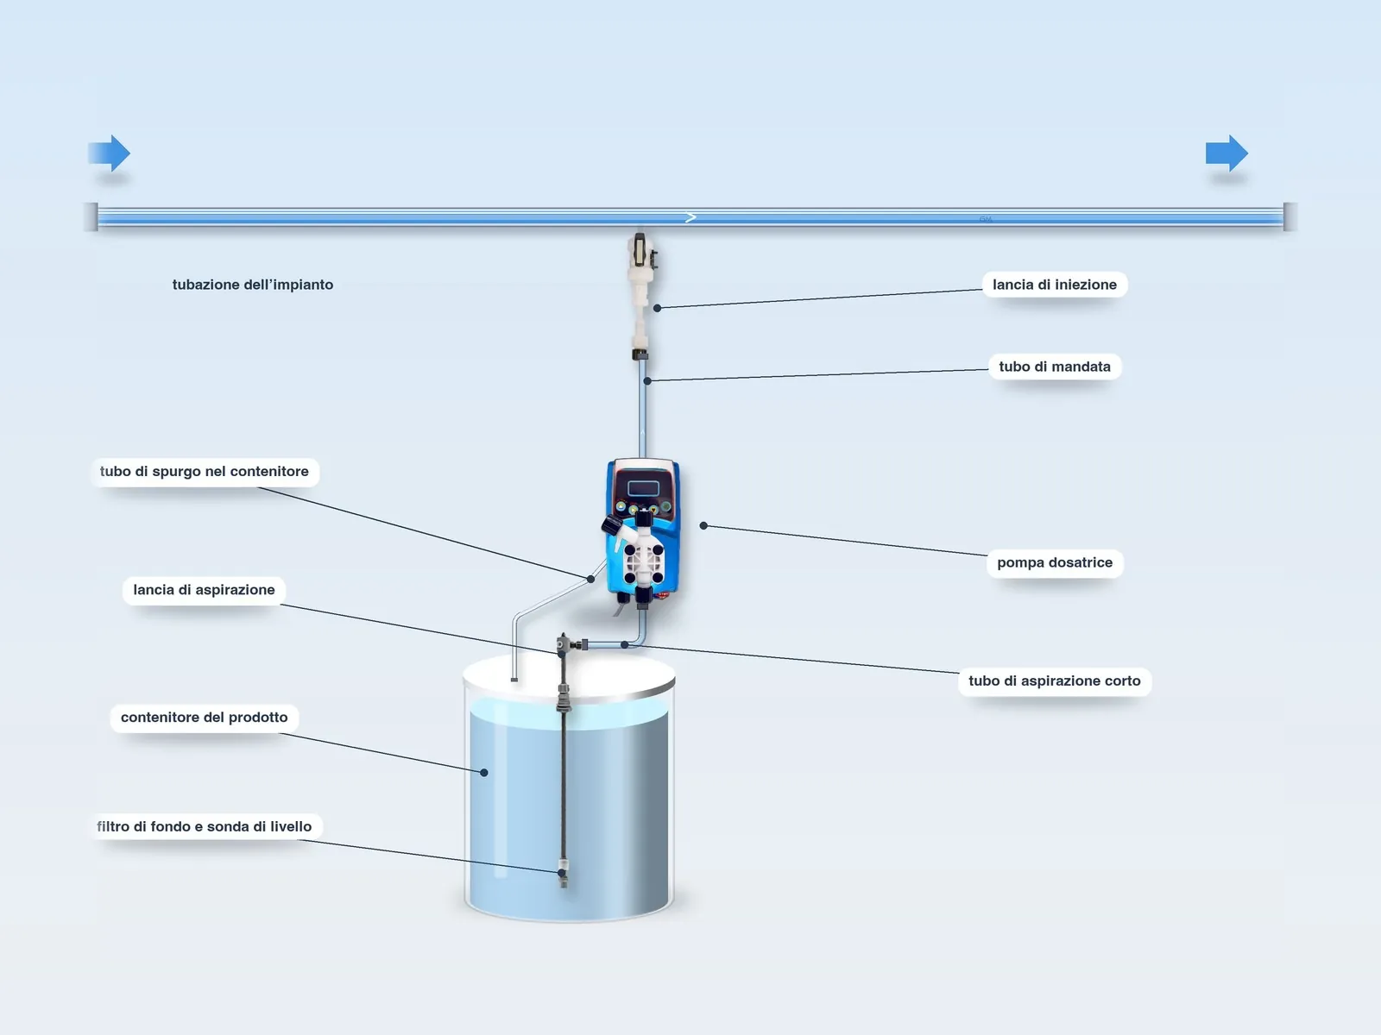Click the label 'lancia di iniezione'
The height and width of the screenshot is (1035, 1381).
(1055, 285)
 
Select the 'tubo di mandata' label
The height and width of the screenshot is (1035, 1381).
(1055, 367)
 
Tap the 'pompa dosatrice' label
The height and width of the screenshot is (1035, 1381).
(1055, 562)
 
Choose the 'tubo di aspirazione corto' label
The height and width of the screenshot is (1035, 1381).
(1055, 681)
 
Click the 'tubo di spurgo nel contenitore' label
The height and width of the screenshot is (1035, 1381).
(205, 471)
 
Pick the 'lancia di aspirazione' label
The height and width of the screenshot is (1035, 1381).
(204, 590)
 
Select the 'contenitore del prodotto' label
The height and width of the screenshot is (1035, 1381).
(204, 718)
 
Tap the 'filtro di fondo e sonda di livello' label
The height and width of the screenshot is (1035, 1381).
(205, 826)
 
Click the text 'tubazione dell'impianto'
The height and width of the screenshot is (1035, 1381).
(253, 285)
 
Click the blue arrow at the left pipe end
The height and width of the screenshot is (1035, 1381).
(110, 153)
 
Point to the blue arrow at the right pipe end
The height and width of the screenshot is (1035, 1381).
(1227, 153)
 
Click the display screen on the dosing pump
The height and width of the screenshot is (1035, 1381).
(643, 487)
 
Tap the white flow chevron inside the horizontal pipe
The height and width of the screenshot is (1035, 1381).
(690, 217)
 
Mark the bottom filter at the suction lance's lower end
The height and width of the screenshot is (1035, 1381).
(563, 874)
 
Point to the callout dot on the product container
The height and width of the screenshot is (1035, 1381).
(484, 772)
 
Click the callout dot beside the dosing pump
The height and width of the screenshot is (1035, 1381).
(703, 526)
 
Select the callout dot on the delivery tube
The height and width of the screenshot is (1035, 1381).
(647, 381)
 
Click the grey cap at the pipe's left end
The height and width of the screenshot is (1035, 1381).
(91, 216)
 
